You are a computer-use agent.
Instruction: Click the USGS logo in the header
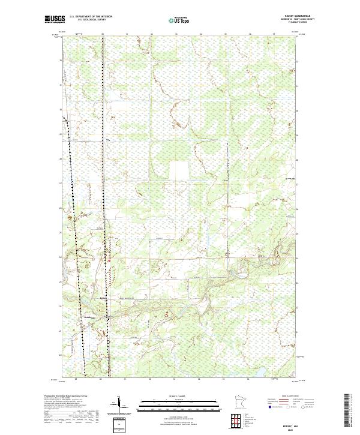click(x=55, y=19)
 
